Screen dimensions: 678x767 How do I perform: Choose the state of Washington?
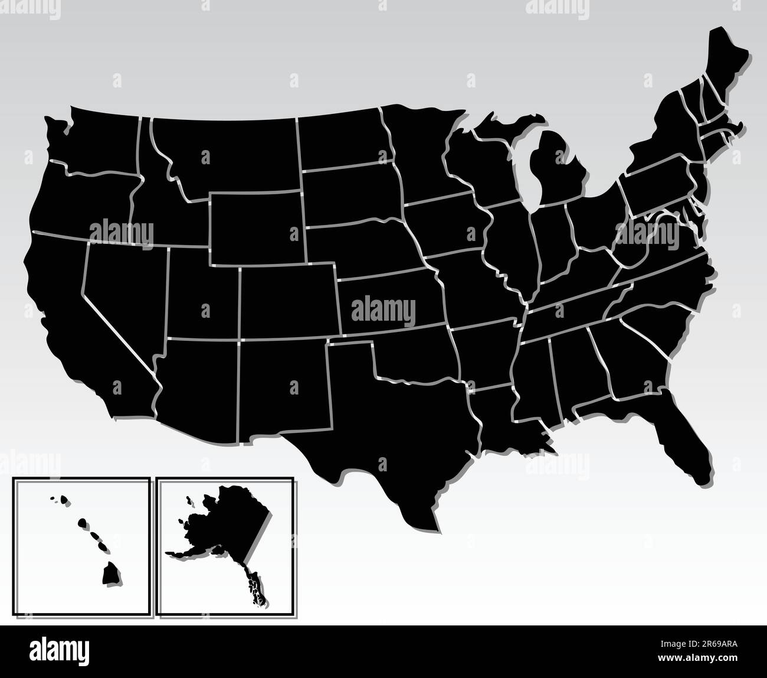pyautogui.click(x=94, y=142)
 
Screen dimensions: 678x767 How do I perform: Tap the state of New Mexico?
pyautogui.click(x=283, y=390)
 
